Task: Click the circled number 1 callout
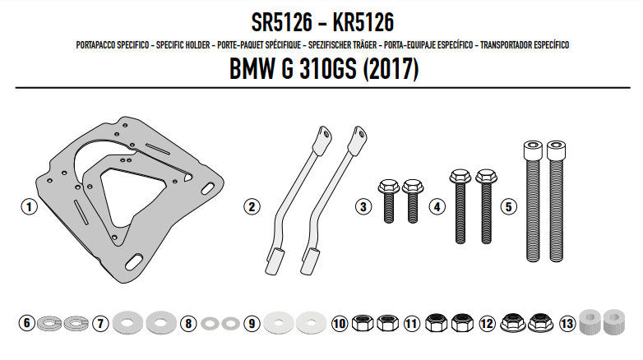pos(29,206)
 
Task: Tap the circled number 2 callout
pos(252,206)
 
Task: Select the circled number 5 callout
pos(508,206)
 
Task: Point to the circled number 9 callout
pos(252,324)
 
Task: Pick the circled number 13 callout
pos(567,324)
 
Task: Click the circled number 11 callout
pos(412,324)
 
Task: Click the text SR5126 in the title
pos(282,22)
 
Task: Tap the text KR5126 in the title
pos(363,22)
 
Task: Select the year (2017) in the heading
pos(391,68)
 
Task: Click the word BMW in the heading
pos(252,68)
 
